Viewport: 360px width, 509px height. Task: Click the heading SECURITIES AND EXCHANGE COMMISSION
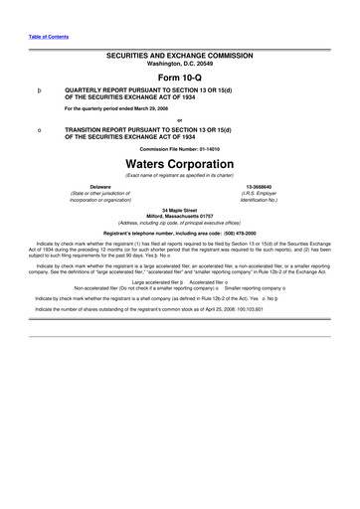pyautogui.click(x=180, y=60)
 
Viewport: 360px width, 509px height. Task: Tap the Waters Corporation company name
pyautogui.click(x=180, y=162)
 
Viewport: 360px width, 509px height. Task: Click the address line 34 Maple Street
pyautogui.click(x=180, y=208)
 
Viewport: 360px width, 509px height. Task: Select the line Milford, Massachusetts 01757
pyautogui.click(x=180, y=214)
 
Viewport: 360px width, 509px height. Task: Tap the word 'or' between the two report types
pyautogui.click(x=180, y=119)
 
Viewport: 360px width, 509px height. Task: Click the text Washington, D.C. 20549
pyautogui.click(x=180, y=68)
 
